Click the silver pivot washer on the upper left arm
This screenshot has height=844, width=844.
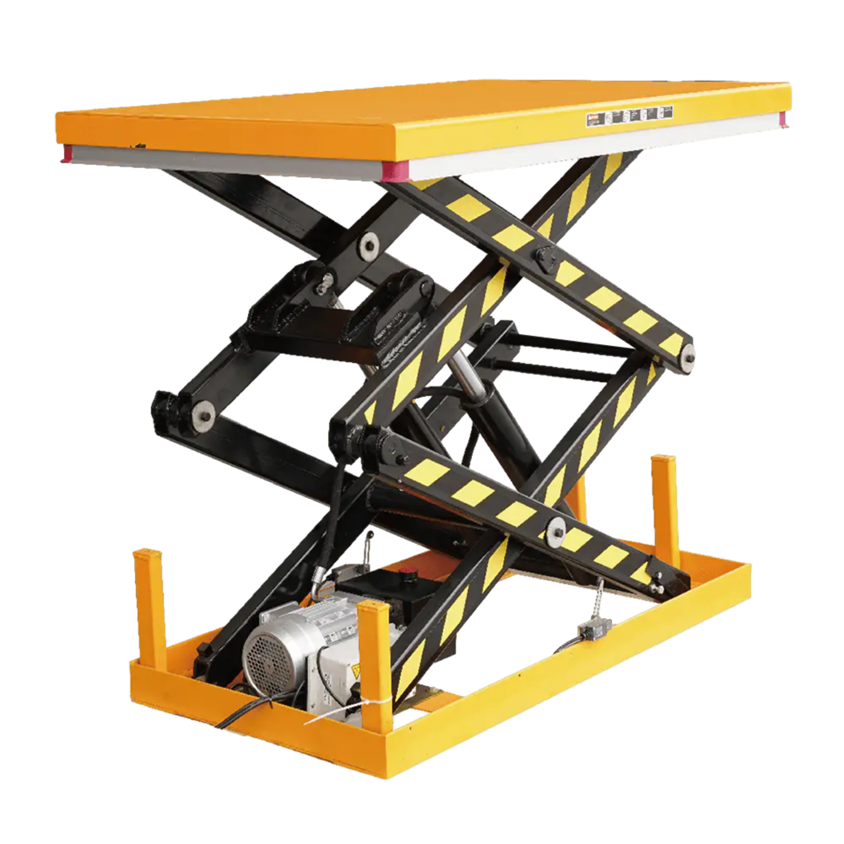click(368, 244)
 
